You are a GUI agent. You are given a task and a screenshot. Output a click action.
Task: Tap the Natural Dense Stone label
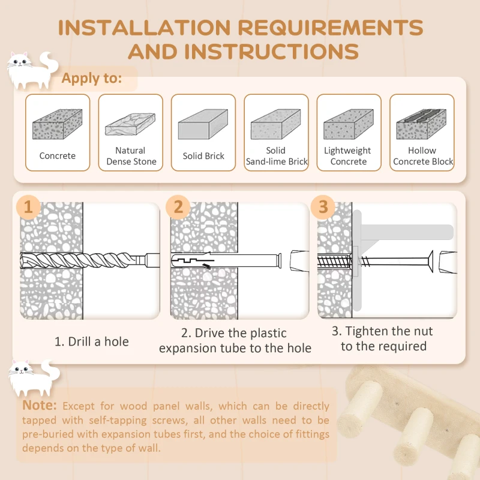tap(131, 156)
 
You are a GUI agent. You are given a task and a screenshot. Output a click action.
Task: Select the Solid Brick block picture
tap(203, 125)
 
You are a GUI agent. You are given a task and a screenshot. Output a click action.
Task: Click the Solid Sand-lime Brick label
tap(276, 156)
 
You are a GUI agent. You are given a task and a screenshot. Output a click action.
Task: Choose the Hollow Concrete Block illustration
tap(421, 124)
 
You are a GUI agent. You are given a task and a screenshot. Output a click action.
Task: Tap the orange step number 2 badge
tap(178, 207)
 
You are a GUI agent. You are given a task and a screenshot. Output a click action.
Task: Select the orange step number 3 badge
tap(323, 207)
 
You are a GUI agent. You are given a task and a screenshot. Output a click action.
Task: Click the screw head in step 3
tap(429, 262)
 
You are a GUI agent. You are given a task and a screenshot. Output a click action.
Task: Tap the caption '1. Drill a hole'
tap(91, 341)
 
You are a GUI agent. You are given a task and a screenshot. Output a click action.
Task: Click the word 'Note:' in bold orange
tap(40, 406)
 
